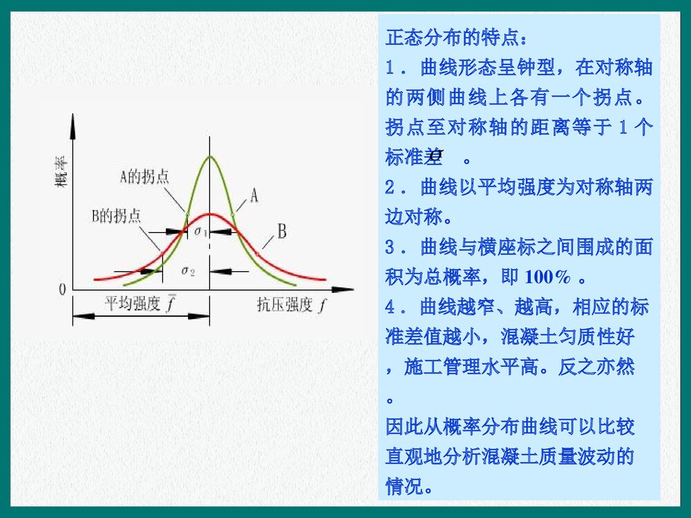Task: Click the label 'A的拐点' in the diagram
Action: point(144,177)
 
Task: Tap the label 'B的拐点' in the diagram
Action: point(116,215)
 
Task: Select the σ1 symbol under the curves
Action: point(200,231)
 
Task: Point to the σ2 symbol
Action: point(188,271)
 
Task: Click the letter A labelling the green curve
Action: point(254,196)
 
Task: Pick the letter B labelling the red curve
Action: point(282,231)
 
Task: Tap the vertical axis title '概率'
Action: point(61,173)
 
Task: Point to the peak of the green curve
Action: point(210,157)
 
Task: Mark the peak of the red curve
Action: point(210,214)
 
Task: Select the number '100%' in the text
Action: point(547,278)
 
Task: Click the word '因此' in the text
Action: point(401,427)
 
